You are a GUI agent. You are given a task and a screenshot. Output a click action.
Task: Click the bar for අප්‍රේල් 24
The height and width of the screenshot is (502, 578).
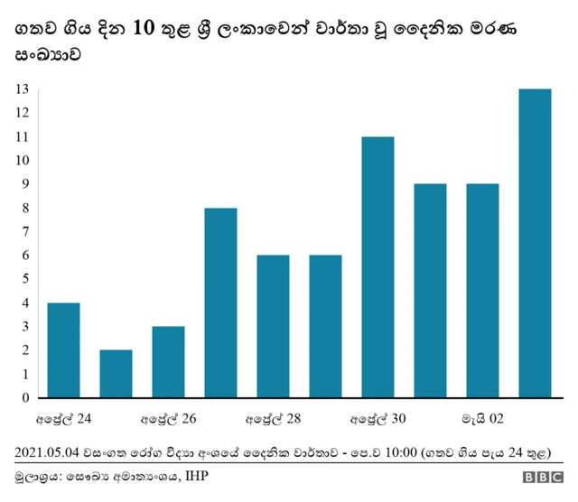click(x=63, y=350)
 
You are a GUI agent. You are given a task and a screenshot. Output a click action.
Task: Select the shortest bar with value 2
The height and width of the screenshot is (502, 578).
click(x=116, y=374)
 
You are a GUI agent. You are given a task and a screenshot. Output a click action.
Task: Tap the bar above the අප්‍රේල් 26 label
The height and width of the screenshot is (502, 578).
click(x=168, y=362)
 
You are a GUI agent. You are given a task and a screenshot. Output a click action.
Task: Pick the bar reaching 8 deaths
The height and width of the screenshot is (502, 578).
click(x=220, y=302)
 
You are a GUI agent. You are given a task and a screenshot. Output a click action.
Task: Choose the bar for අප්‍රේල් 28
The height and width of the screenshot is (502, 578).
click(x=273, y=326)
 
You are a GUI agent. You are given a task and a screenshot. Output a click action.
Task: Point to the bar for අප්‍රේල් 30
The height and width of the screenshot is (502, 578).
click(x=378, y=267)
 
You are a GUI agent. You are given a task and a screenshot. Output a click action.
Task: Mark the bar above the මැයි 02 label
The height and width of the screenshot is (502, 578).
click(x=482, y=291)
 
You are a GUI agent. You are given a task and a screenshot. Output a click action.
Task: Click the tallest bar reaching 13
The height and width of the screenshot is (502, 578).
click(x=535, y=243)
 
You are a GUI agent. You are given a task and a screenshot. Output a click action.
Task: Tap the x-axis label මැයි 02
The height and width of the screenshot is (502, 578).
click(x=482, y=419)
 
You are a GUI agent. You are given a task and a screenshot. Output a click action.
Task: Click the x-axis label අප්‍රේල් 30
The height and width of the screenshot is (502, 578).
click(x=378, y=419)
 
